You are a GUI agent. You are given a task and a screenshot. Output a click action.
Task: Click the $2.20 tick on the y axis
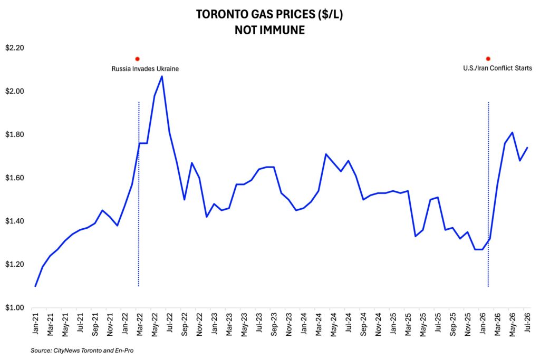(x=14, y=48)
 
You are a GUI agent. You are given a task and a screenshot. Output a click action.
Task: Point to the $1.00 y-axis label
(x=14, y=308)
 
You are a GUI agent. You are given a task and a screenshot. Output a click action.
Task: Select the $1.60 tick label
(x=14, y=178)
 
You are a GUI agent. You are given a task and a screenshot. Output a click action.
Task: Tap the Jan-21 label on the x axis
(x=35, y=324)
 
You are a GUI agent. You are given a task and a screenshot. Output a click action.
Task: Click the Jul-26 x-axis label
(x=527, y=322)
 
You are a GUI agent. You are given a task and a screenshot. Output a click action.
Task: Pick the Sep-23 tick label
(x=274, y=325)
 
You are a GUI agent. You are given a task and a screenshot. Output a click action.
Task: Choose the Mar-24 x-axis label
(x=319, y=324)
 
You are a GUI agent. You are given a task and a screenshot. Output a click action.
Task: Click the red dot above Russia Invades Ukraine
(x=138, y=59)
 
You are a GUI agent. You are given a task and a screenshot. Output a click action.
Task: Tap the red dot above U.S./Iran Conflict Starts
(x=488, y=59)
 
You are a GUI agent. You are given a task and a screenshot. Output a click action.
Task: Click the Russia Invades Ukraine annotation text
(x=145, y=69)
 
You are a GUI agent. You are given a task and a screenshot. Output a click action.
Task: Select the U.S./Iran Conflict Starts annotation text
(x=497, y=68)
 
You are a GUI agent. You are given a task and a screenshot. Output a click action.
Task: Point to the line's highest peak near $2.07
(x=162, y=76)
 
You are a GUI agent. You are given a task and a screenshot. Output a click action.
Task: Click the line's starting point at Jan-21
(x=35, y=286)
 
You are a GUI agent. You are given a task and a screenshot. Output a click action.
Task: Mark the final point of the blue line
(x=527, y=148)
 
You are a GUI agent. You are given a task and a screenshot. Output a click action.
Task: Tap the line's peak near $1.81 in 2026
(x=513, y=132)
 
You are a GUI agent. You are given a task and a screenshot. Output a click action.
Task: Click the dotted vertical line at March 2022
(x=139, y=194)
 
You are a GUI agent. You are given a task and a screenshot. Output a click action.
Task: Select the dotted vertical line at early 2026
(x=488, y=194)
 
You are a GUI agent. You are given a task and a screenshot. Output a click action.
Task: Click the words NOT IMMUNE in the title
(x=269, y=30)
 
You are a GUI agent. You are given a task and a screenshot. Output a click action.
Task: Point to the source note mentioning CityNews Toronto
(x=82, y=351)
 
